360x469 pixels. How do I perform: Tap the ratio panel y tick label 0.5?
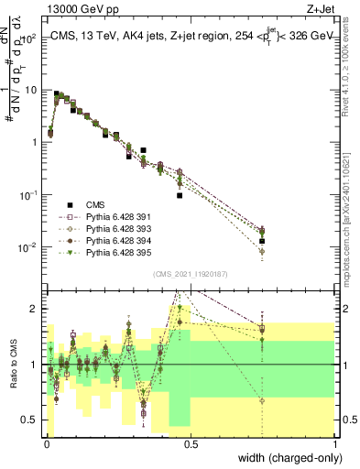31,420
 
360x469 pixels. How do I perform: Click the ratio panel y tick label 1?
35,365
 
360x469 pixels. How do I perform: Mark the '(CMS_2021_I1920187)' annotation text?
191,274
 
